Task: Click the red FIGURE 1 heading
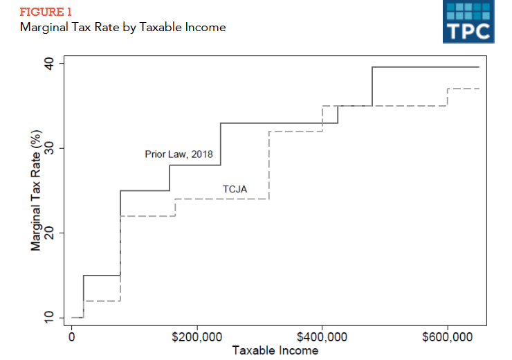pyautogui.click(x=45, y=12)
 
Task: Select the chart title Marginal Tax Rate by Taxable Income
pyautogui.click(x=122, y=28)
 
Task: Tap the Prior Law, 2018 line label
pyautogui.click(x=179, y=154)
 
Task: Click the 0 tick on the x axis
pyautogui.click(x=72, y=337)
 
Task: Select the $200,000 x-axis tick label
pyautogui.click(x=197, y=337)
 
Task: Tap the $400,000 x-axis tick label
pyautogui.click(x=322, y=337)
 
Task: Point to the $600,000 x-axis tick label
pyautogui.click(x=448, y=337)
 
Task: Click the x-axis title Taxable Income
pyautogui.click(x=275, y=351)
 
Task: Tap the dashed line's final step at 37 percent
pyautogui.click(x=463, y=89)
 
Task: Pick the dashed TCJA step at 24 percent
pyautogui.click(x=221, y=199)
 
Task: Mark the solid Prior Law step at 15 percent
pyautogui.click(x=102, y=275)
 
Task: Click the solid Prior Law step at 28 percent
pyautogui.click(x=195, y=165)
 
